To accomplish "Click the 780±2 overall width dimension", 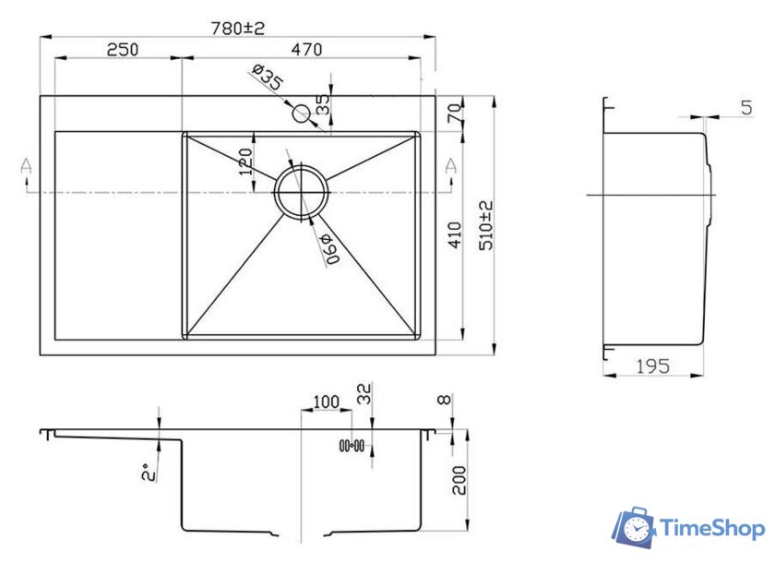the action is [238, 28].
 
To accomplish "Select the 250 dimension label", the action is [123, 50].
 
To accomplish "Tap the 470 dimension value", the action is [306, 50].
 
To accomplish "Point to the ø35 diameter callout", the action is [268, 77].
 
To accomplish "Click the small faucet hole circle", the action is [301, 114].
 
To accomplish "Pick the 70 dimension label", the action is [455, 114].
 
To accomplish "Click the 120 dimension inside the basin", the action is [245, 162].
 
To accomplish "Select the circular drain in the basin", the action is [301, 192].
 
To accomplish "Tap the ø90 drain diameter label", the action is [329, 248].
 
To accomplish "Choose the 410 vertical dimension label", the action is [455, 234].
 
